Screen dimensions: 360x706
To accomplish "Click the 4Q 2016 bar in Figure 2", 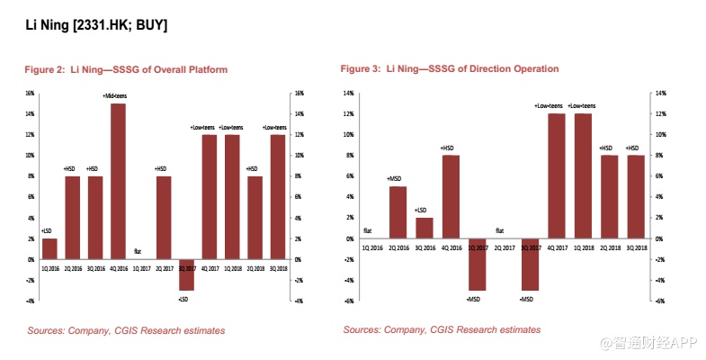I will [118, 181].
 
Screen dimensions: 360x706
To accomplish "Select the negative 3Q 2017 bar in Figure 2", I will [185, 274].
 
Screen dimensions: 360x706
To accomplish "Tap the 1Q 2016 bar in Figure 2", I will [50, 248].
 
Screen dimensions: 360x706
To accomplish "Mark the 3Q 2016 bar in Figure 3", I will [424, 228].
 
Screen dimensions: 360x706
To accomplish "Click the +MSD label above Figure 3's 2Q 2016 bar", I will [396, 179].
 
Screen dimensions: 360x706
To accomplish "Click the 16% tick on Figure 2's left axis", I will [30, 93].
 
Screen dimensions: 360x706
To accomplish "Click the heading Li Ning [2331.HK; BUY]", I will [95, 25].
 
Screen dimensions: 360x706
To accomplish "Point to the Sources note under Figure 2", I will [126, 330].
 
